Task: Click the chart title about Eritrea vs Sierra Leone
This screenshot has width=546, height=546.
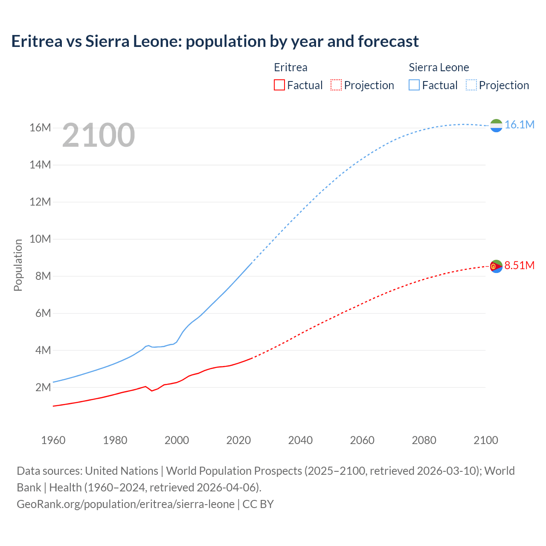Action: pos(215,41)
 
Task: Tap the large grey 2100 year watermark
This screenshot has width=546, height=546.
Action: pos(99,135)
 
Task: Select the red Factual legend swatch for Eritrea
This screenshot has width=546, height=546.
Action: pos(279,85)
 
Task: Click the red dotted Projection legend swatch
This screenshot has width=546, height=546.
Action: pos(336,85)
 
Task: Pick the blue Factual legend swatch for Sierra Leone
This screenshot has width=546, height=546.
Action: pos(414,85)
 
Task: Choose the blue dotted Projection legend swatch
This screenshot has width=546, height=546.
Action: pos(471,85)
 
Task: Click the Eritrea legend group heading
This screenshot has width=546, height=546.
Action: pos(290,67)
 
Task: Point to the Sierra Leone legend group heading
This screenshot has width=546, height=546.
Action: pos(439,67)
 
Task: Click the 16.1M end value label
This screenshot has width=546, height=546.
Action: pos(519,125)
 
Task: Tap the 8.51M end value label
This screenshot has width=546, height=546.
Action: pos(519,265)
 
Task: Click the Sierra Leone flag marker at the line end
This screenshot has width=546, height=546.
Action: pos(496,125)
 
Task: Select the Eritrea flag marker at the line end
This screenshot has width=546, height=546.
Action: pos(496,266)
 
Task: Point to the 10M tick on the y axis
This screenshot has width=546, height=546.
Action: pos(41,239)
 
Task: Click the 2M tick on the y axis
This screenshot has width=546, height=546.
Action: pos(43,387)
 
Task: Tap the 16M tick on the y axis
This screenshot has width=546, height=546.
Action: pos(41,128)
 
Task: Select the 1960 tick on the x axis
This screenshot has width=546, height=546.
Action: pos(53,440)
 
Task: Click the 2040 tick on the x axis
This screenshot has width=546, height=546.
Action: pos(300,440)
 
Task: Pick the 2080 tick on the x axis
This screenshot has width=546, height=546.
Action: pos(424,440)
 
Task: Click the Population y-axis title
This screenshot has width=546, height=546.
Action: pos(18,265)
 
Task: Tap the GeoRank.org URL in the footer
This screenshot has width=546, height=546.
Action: pos(125,504)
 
